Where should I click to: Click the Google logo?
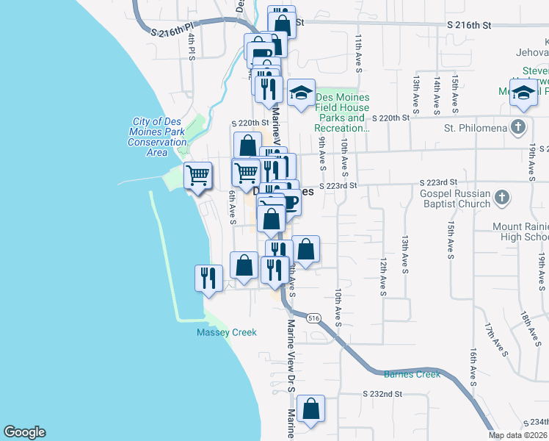(24, 432)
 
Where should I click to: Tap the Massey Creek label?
(227, 332)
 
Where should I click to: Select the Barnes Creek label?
(412, 374)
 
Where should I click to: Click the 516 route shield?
(314, 318)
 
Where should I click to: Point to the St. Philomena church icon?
(520, 125)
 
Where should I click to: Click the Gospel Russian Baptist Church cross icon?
(501, 197)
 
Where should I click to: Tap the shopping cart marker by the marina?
(197, 176)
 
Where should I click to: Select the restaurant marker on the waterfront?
(208, 278)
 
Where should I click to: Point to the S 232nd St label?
(382, 394)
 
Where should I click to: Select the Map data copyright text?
(517, 435)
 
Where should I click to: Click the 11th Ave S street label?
(360, 52)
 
